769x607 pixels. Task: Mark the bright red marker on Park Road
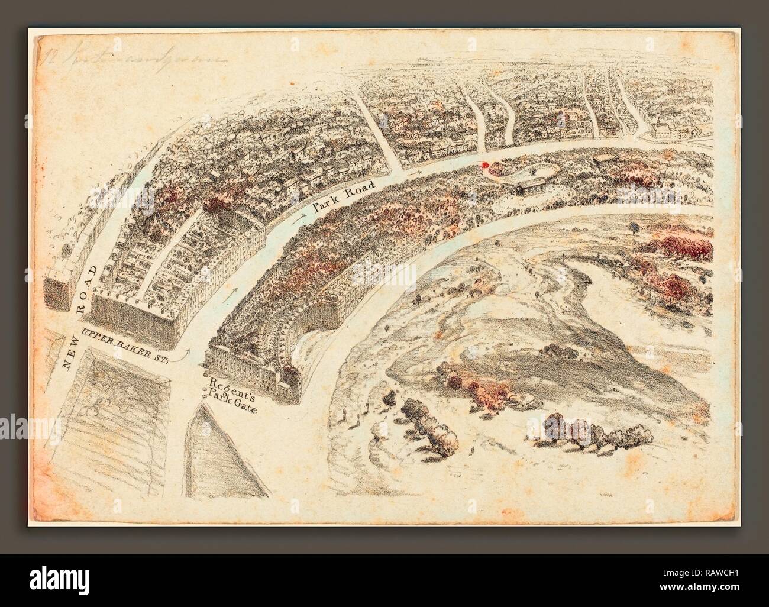[486, 166]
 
